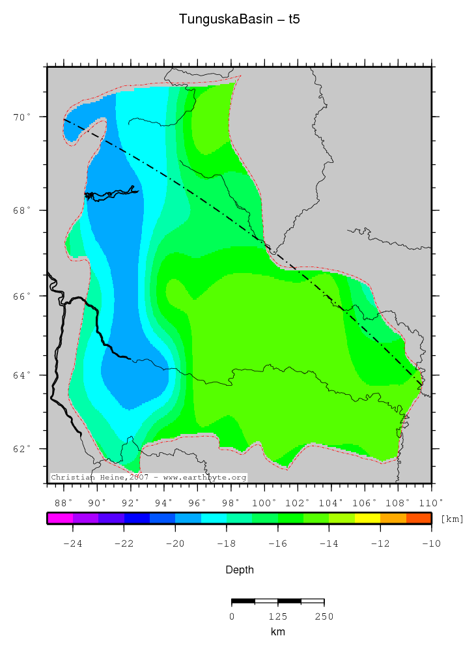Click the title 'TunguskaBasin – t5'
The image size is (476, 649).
(x=239, y=20)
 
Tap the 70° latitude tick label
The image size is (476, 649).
(x=25, y=117)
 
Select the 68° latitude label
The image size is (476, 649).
(x=25, y=210)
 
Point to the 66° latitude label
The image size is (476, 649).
(x=25, y=296)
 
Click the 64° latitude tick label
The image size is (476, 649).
(x=25, y=375)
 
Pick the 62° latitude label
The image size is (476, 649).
(x=25, y=449)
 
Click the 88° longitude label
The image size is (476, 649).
(x=64, y=502)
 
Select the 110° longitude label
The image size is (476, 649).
(x=430, y=502)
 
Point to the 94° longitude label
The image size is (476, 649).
(x=163, y=502)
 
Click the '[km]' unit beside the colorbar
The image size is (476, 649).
(x=452, y=519)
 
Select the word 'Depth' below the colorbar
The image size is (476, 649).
(x=239, y=570)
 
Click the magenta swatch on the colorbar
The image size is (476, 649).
(x=60, y=519)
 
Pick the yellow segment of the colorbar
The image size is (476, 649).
(x=367, y=519)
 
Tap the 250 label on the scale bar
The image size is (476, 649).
(x=324, y=616)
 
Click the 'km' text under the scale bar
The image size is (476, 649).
(x=278, y=631)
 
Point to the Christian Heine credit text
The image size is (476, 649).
(x=148, y=478)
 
